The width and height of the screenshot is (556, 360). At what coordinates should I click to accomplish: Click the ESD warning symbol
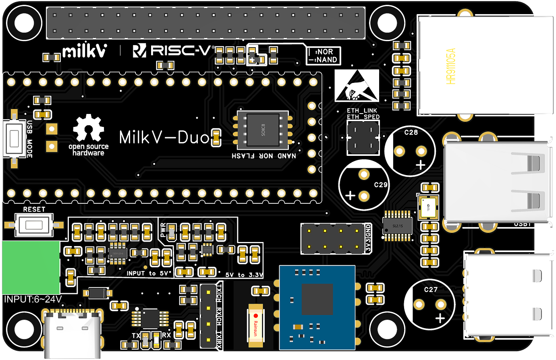(x=357, y=85)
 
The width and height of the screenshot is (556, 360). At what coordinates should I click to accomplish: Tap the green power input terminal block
(x=31, y=267)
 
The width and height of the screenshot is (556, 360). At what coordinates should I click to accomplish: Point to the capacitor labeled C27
(x=430, y=304)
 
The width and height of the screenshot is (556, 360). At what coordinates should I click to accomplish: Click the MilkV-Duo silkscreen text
(x=164, y=138)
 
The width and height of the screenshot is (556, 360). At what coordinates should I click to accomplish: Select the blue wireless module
(x=317, y=307)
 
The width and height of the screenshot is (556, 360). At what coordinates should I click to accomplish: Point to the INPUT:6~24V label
(x=33, y=299)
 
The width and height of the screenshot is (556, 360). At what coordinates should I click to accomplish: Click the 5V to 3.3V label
(x=244, y=275)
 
